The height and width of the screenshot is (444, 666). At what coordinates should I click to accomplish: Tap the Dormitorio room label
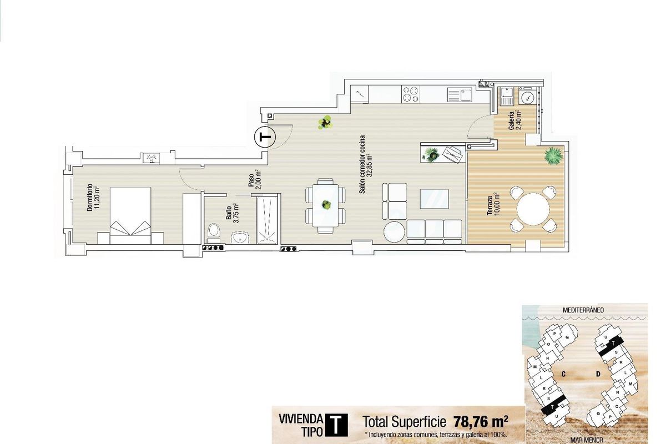pos(93,198)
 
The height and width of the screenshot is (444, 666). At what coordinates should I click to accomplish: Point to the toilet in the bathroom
pos(213,232)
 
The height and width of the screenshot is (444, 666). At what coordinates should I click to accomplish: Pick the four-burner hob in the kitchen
pos(411,94)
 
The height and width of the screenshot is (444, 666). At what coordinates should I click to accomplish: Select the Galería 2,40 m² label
pos(515,120)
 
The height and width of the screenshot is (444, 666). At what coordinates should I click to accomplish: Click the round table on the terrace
pos(533,209)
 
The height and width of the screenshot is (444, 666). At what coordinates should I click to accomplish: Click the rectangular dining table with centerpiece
pos(326,205)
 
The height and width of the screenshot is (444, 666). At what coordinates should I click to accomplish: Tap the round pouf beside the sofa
pos(395,231)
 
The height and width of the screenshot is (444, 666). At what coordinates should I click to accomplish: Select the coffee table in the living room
pos(435,199)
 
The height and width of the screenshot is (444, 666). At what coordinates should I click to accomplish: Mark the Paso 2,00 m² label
pos(254,180)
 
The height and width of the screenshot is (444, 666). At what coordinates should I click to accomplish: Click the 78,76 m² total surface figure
pos(481,420)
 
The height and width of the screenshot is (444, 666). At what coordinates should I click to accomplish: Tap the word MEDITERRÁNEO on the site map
pos(583,310)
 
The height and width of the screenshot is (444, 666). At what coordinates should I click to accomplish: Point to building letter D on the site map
pos(598,374)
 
